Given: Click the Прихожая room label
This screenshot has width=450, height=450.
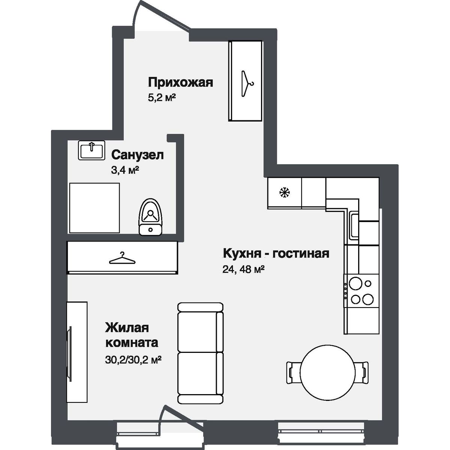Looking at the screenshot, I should coord(180,82).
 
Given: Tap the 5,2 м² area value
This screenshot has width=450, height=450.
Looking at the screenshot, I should coord(162,99).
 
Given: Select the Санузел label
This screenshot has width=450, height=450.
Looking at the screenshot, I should coord(138,155).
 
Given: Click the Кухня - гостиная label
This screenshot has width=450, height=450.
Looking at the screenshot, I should coord(276,253).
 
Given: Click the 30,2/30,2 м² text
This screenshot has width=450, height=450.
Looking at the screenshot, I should coord(133,360).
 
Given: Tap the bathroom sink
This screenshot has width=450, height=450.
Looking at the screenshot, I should coord(91,151).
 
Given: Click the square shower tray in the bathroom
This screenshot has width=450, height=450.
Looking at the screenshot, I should coord(94,208).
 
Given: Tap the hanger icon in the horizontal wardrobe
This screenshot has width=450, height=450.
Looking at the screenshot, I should coord(121,258).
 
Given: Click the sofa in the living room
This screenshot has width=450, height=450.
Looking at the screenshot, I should coord(200,352).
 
